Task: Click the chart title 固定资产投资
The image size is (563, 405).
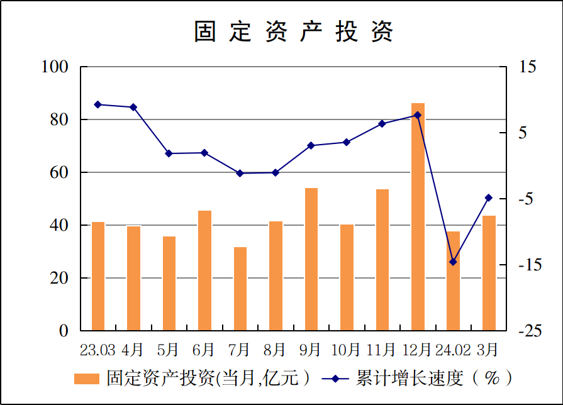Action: (x=294, y=31)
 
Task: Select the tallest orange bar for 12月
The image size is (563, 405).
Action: (x=418, y=217)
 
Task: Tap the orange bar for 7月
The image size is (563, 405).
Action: (x=240, y=289)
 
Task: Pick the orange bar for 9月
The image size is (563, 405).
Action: (x=311, y=259)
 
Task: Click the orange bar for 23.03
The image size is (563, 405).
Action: (x=98, y=276)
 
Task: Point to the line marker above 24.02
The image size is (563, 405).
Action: (x=453, y=262)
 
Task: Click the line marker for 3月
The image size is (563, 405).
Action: (x=489, y=197)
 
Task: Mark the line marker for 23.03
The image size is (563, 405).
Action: (x=98, y=104)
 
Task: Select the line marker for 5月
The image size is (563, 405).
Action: (x=169, y=153)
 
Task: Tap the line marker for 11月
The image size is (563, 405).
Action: (x=382, y=123)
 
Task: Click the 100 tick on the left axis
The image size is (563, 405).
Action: (x=55, y=67)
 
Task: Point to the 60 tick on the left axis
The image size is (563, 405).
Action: (x=59, y=172)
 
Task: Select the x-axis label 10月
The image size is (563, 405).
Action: (x=347, y=349)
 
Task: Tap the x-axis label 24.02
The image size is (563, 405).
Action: (x=453, y=349)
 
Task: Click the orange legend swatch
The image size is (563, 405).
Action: (x=87, y=379)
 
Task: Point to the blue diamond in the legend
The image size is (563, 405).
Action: (x=335, y=379)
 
